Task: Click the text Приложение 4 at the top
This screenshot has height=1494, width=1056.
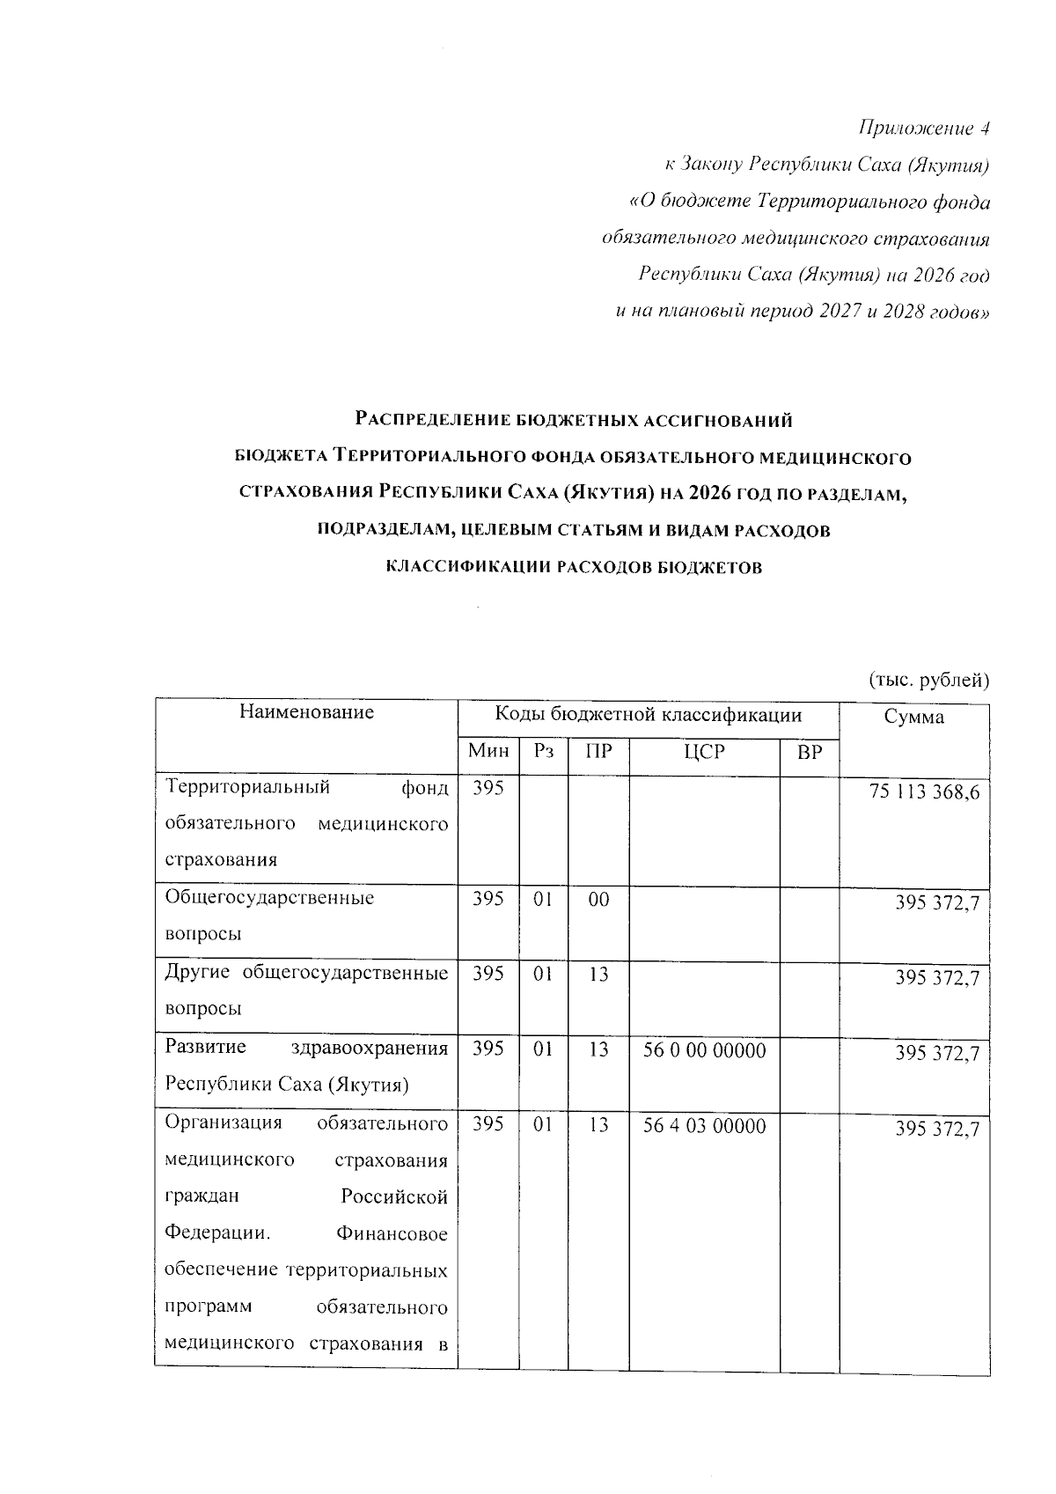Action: pos(924,129)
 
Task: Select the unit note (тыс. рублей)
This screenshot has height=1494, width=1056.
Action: pos(929,680)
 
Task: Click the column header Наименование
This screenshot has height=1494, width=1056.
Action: pos(306,712)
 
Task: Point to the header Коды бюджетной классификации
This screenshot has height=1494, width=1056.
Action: pos(648,715)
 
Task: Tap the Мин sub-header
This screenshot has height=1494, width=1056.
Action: pos(488,752)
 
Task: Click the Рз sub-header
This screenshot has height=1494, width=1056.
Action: pos(543,752)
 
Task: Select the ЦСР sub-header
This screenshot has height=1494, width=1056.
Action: pos(703,752)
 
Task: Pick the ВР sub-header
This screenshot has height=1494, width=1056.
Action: pos(809,752)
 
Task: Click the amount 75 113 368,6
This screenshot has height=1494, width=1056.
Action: pos(924,792)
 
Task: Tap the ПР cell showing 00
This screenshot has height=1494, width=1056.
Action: pos(598,900)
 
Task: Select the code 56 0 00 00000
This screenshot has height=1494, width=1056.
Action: pos(704,1050)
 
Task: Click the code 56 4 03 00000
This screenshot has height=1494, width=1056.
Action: pos(704,1126)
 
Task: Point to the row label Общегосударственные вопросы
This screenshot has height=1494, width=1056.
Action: pos(269,916)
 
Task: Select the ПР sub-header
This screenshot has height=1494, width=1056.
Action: pos(598,752)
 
